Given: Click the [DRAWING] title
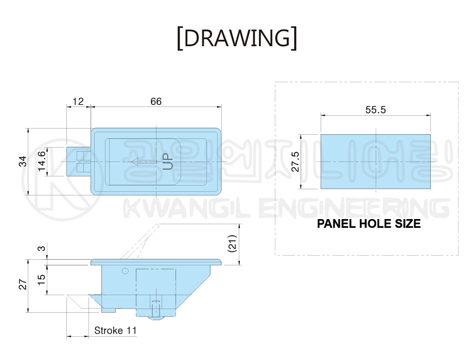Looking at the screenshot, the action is pos(237,39).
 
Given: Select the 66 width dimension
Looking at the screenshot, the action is pos(156,101).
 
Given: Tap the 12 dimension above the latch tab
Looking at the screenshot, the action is pos(78,101).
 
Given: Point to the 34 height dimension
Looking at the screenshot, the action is pos(23,161).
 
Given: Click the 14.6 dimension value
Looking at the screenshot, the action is pos(42,161).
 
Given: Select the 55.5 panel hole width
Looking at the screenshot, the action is pos(376,110).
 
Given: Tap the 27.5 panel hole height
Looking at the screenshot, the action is pos(295,162).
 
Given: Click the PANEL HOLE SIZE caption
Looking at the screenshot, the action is pos(369,224).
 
